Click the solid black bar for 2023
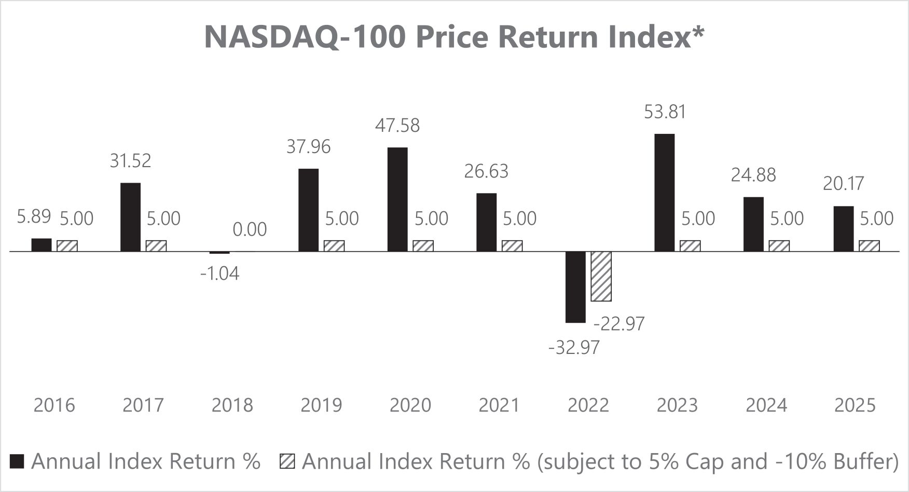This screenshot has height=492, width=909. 665,193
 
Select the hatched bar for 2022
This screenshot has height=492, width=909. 601,276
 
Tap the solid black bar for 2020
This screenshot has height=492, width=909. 397,199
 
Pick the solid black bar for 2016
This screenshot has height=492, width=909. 42,245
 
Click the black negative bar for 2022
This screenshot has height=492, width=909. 575,287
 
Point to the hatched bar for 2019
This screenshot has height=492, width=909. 334,246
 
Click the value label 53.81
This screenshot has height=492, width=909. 665,112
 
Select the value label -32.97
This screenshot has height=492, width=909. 574,347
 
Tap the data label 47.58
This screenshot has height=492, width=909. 397,126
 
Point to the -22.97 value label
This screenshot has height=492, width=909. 619,324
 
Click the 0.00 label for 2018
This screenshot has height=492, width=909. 250,229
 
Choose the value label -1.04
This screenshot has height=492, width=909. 220,274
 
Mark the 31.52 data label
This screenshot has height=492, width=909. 130,161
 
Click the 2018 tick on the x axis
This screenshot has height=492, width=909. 232,405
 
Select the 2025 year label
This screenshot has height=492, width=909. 855,405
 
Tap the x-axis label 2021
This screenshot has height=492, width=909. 499,405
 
